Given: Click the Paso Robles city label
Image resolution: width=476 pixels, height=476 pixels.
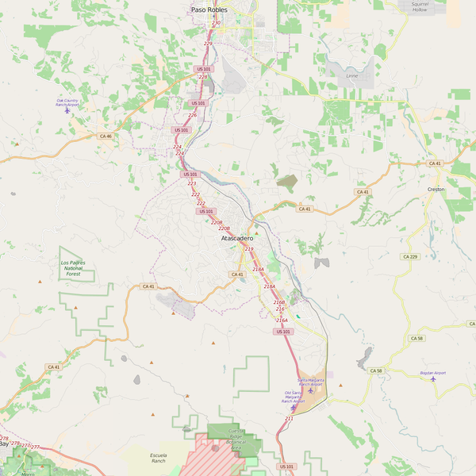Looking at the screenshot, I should click(209, 10).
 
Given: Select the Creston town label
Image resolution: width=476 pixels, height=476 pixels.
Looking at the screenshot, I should click(436, 190).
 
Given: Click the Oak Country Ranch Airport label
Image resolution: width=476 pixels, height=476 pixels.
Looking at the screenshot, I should click(67, 102).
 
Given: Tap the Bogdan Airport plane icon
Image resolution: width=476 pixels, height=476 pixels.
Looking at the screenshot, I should click(433, 378).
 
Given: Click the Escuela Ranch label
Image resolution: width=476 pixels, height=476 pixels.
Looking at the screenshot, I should click(158, 458).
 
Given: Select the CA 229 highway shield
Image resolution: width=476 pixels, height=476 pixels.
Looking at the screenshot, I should click(409, 256).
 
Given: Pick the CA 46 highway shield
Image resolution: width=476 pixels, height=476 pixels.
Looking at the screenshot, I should click(106, 136).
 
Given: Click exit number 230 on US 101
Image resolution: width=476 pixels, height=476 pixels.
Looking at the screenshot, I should click(217, 24).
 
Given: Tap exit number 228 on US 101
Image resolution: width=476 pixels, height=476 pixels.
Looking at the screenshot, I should click(202, 77).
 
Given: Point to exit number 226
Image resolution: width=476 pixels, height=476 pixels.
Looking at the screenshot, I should click(192, 115).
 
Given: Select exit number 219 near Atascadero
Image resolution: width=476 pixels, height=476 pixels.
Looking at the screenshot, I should click(249, 249).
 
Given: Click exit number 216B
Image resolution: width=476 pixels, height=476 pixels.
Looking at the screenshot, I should click(278, 302).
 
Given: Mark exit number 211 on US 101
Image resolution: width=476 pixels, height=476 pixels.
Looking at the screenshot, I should click(289, 418).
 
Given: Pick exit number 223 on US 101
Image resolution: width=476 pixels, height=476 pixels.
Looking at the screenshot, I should click(192, 183).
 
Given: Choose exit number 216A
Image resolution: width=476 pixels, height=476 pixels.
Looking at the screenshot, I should click(282, 320).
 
